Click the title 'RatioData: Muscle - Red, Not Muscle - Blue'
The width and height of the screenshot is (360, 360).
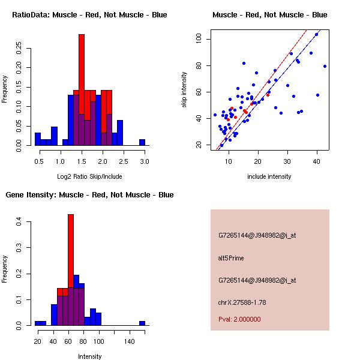tap(89, 14)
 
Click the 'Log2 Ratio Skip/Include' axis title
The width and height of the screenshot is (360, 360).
tap(89, 177)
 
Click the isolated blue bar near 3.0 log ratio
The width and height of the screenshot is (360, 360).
tap(142, 142)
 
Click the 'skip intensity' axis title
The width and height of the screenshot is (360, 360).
tap(184, 90)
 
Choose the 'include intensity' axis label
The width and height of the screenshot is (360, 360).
tap(269, 177)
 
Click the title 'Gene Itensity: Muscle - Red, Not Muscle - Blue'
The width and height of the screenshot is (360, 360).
tap(89, 195)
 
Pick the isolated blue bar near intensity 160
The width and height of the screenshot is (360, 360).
tap(142, 323)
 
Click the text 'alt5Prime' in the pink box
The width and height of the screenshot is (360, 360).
tap(231, 258)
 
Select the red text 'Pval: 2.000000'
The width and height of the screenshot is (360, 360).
tap(240, 319)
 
